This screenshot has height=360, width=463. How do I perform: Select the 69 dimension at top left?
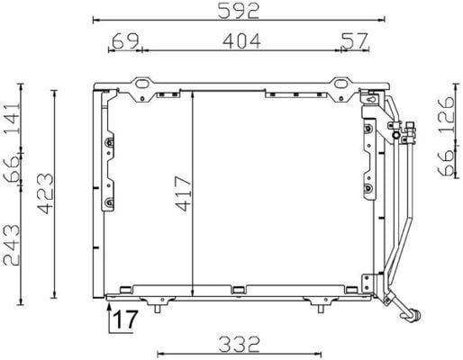(x=125, y=40)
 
